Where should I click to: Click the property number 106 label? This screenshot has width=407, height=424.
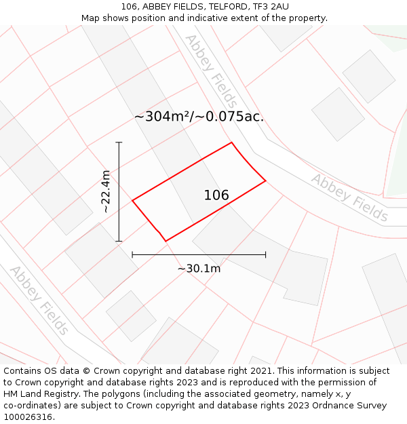(x=216, y=195)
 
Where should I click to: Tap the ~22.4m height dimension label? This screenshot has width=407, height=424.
(x=105, y=192)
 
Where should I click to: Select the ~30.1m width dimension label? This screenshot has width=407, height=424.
(x=199, y=269)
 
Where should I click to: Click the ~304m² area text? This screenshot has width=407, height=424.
(x=163, y=117)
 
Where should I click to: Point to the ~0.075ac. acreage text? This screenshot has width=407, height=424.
(x=231, y=117)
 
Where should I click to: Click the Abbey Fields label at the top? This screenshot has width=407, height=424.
(x=211, y=71)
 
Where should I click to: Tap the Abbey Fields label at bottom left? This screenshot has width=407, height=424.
(x=39, y=300)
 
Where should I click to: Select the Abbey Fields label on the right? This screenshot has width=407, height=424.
(x=349, y=198)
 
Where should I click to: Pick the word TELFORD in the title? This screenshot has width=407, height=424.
(x=223, y=7)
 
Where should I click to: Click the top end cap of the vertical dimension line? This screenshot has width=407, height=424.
(x=119, y=142)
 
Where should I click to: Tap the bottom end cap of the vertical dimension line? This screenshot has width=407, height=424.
(x=119, y=241)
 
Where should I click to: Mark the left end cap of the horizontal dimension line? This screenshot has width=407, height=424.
(x=132, y=254)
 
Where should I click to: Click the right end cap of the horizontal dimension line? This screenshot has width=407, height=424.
(x=265, y=254)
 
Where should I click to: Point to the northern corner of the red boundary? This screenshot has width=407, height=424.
(x=232, y=142)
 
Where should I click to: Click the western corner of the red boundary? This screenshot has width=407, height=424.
(x=132, y=200)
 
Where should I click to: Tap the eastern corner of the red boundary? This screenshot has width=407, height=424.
(x=265, y=180)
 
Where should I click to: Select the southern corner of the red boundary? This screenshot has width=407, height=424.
(x=166, y=241)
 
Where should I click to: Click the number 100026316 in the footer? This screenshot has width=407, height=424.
(x=27, y=417)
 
